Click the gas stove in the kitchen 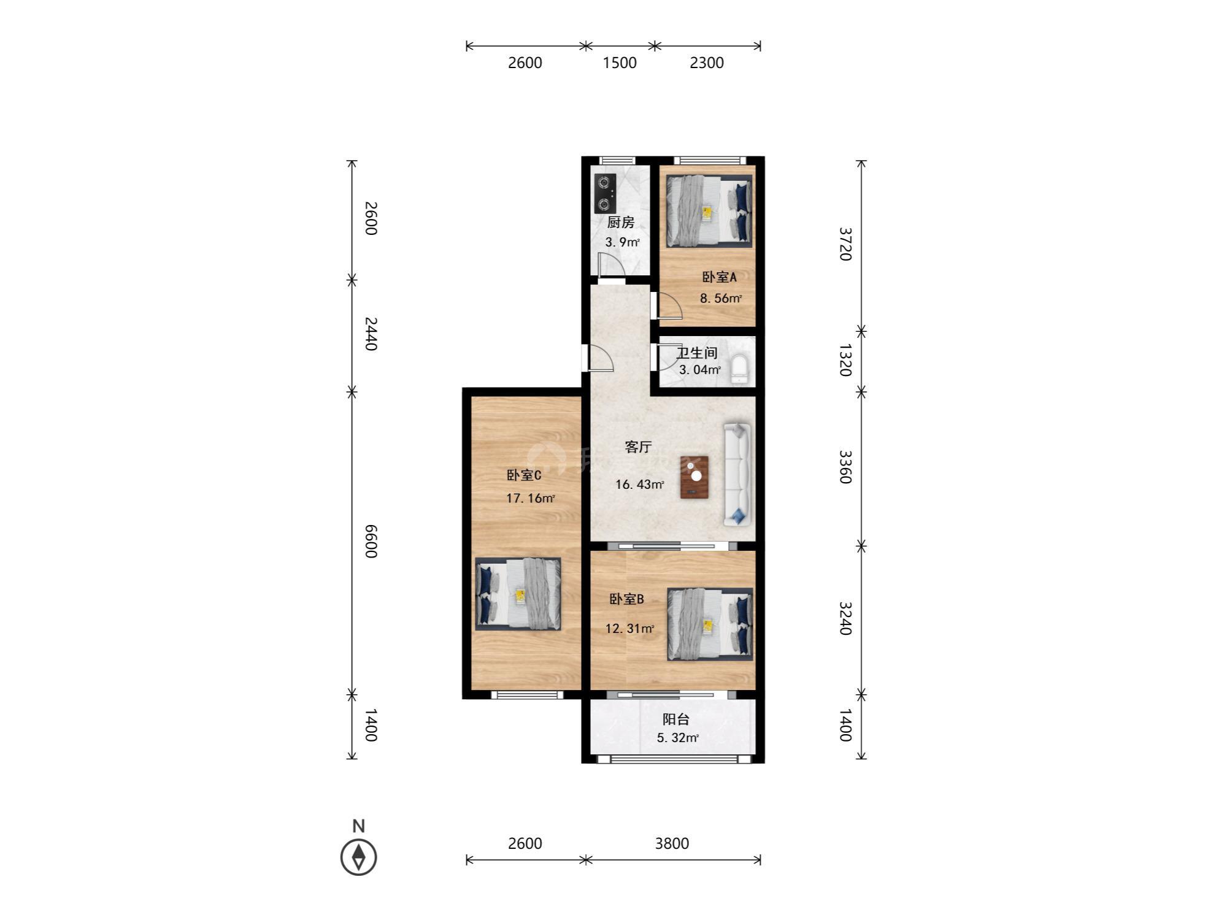point(605,193)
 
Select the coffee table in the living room point(694,477)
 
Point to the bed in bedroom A point(709,211)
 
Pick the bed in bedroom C point(518,594)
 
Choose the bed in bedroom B point(710,624)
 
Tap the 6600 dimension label point(371,541)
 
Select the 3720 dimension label point(845,244)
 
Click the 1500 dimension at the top point(620,63)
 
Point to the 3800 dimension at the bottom point(672,843)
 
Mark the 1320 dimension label point(845,360)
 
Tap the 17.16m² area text point(531,498)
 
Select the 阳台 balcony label point(676,719)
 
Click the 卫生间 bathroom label point(697,353)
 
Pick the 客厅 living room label point(638,447)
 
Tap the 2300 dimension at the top point(707,63)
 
